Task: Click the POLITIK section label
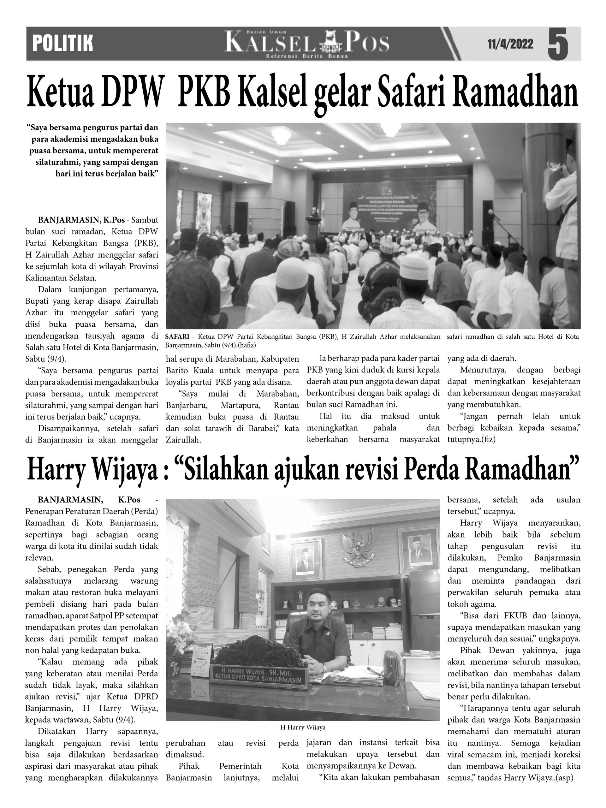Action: click(62, 44)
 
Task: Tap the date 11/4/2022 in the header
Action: click(510, 44)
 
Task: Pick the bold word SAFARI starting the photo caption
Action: click(177, 337)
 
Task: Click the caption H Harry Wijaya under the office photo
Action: click(303, 727)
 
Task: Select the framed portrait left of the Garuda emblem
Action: click(306, 559)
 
